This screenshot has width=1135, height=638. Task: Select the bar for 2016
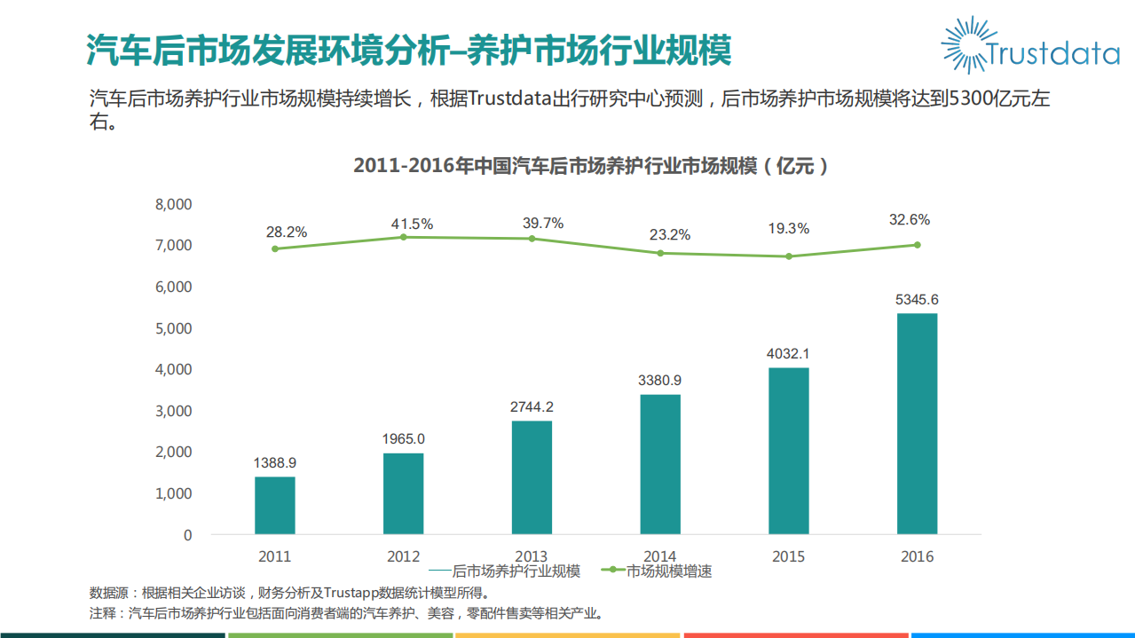pos(917,423)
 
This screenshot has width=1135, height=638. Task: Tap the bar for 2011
pos(274,505)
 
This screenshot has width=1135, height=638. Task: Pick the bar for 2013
pos(532,477)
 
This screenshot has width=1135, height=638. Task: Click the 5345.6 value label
pos(917,300)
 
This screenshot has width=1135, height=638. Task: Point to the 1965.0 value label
pos(403,438)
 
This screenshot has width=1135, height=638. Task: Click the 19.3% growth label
pos(788,229)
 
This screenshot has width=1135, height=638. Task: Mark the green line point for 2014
pos(660,253)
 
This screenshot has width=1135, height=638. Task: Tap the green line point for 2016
pos(917,245)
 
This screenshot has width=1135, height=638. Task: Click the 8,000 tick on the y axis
pos(173,204)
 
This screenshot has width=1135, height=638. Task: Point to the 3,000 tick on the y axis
pos(173,411)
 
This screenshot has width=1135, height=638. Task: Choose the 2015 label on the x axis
pos(788,557)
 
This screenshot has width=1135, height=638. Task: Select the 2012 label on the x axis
pos(403,557)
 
